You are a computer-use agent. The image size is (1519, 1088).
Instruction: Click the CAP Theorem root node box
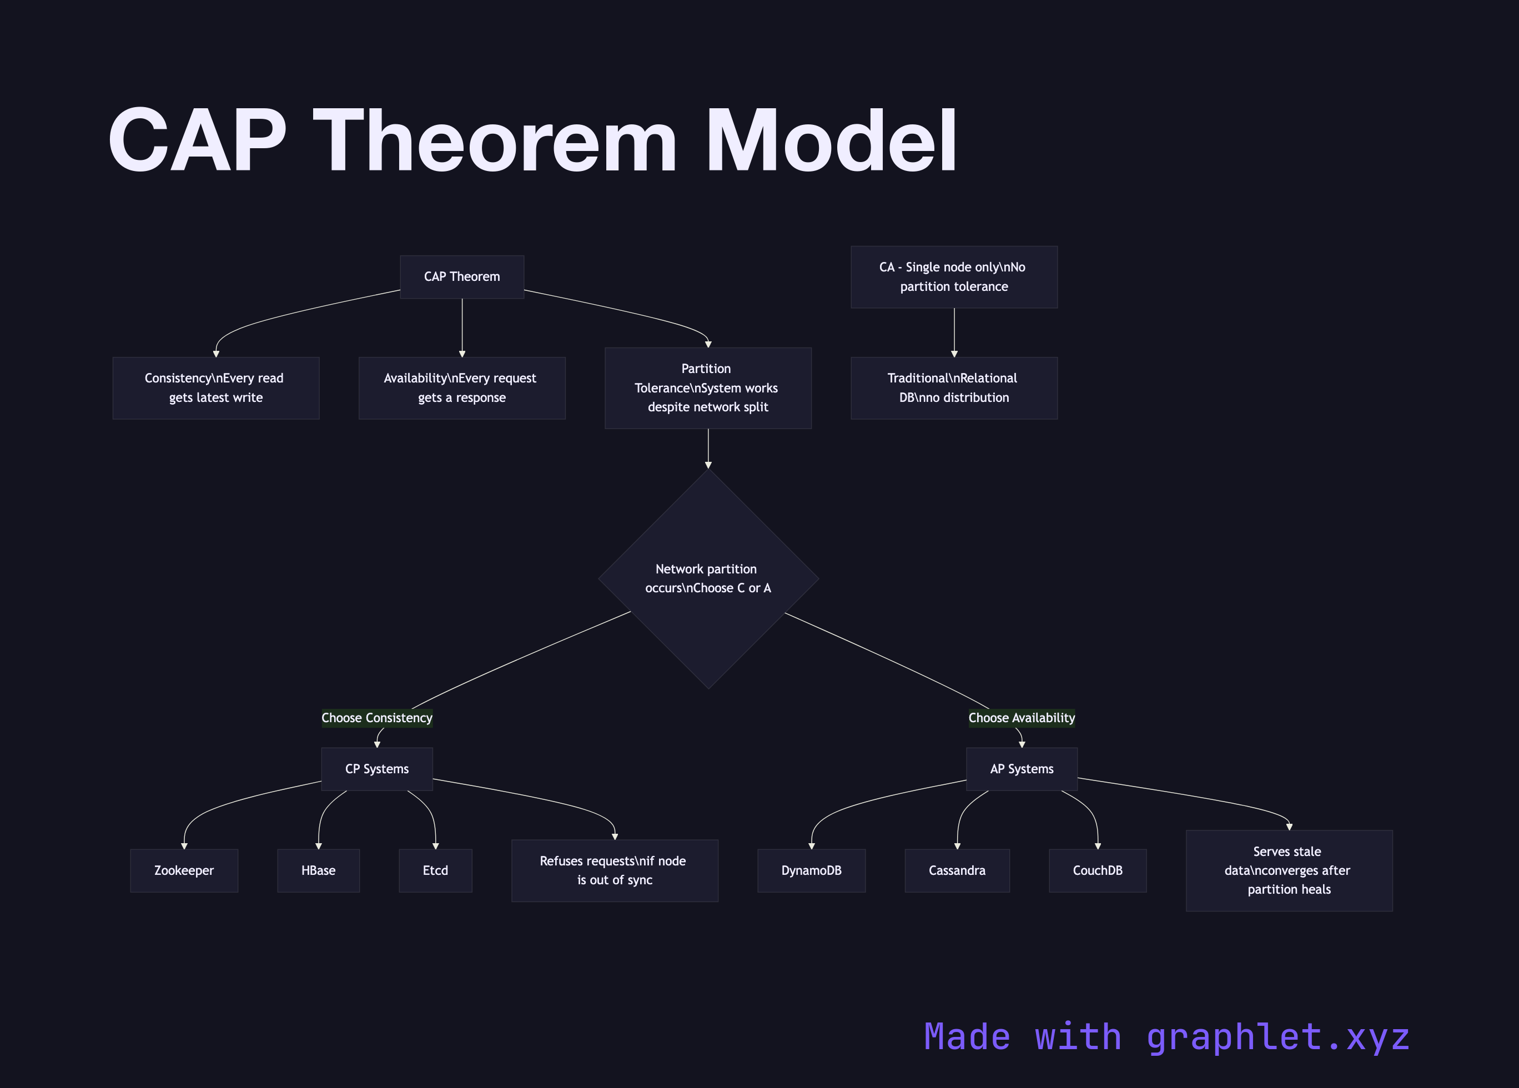461,276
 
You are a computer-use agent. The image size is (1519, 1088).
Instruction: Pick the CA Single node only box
954,276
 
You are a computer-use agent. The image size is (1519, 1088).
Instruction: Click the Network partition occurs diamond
708,578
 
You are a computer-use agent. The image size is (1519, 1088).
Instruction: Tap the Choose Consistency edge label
377,718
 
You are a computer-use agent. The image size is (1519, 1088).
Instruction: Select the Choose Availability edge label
1022,718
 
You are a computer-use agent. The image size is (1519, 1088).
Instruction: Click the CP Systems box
377,769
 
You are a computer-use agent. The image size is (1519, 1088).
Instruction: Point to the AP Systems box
1022,769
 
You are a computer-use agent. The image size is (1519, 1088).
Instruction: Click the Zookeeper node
184,870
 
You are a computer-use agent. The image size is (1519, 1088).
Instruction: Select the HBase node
318,870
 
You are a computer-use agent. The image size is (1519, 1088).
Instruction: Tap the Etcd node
435,870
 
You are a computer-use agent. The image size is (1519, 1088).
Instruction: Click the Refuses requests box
614,870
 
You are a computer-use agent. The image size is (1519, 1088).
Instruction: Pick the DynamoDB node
811,870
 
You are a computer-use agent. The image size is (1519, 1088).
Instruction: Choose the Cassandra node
957,870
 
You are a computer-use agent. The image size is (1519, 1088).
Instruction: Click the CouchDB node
1097,870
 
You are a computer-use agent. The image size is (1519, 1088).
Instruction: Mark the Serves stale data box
1289,870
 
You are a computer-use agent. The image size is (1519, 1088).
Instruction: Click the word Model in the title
831,142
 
